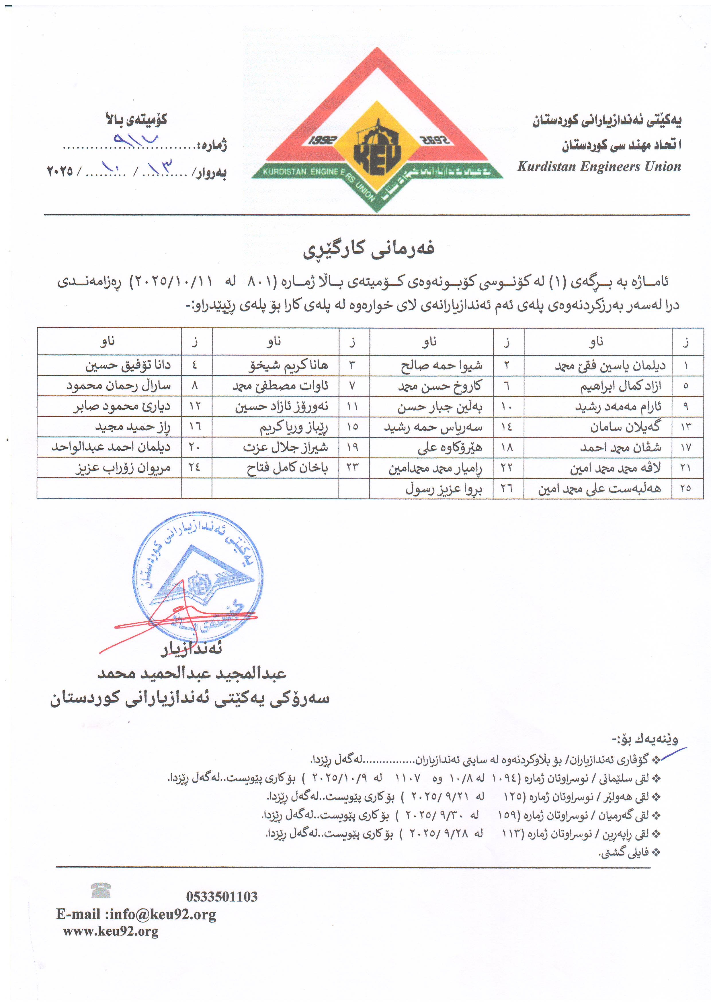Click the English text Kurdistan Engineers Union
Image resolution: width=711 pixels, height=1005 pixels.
(599, 167)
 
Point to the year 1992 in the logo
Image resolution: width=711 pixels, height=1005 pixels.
(322, 140)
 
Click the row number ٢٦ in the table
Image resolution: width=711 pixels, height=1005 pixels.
(507, 488)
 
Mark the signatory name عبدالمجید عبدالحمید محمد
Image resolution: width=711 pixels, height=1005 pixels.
(192, 673)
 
